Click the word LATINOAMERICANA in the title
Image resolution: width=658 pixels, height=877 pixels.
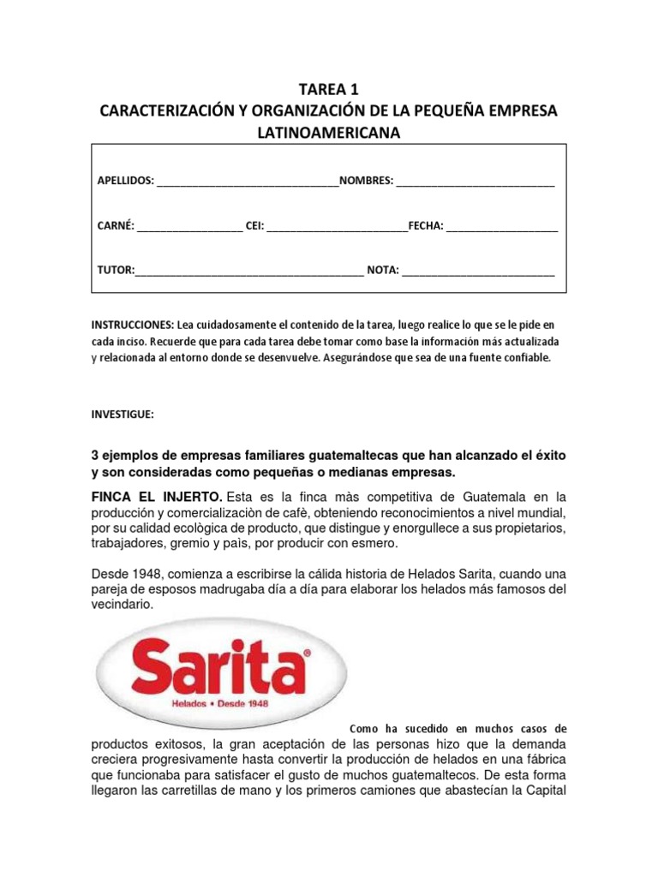[329, 133]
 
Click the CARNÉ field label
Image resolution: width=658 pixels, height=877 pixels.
[116, 226]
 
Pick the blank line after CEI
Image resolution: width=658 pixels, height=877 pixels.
[338, 227]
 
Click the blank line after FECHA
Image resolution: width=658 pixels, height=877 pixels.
[502, 227]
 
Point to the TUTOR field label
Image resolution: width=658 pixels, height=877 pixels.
[116, 271]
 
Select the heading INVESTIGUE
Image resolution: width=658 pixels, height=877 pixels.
[123, 414]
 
